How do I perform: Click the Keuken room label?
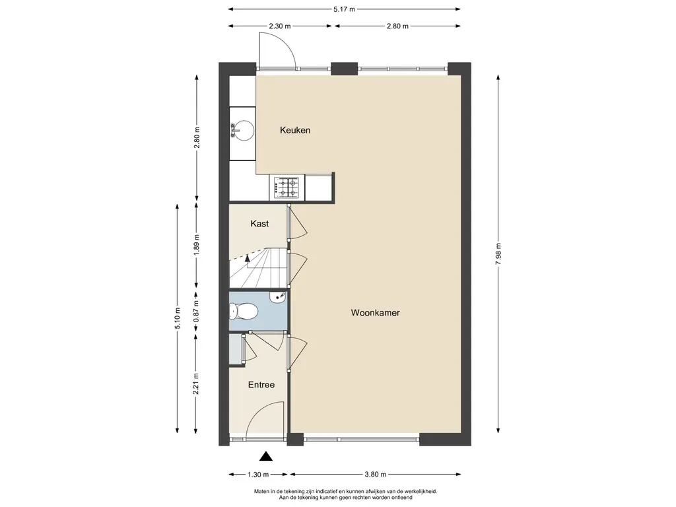pos(295,130)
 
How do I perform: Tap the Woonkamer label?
pos(375,312)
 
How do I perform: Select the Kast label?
pos(259,223)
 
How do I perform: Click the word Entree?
pos(261,385)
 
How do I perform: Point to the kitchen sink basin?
pos(243,131)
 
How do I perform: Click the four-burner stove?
pos(287,187)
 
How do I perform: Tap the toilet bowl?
pos(244,311)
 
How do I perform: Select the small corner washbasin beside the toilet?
pos(278,297)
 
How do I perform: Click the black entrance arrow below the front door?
pos(267,456)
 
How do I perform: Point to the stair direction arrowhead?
pos(248,258)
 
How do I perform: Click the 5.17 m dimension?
pos(344,9)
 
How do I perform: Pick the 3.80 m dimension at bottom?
pos(375,474)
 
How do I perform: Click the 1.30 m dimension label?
pos(258,474)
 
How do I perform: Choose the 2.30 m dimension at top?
pos(280,26)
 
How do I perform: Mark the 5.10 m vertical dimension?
pos(177,318)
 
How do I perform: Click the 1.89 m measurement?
pos(196,244)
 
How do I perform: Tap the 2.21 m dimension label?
pos(196,384)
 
